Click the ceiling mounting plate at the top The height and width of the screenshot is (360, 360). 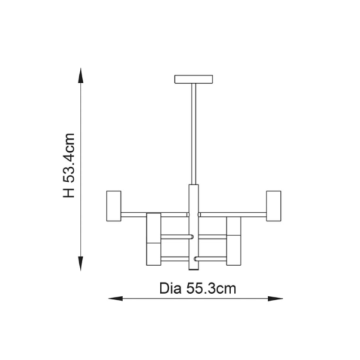(194, 79)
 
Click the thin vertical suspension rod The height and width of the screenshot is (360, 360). (194, 134)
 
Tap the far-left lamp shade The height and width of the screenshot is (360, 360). (114, 206)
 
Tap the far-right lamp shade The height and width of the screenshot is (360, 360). (274, 206)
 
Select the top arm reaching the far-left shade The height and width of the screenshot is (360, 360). (155, 215)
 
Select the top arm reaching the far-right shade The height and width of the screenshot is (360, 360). (233, 215)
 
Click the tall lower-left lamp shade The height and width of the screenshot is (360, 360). (153, 239)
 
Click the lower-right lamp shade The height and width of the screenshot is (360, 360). (233, 241)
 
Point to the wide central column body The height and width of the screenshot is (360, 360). (194, 228)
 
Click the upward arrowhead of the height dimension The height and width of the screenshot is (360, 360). (81, 76)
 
